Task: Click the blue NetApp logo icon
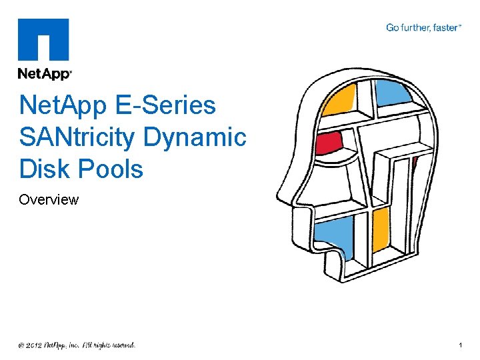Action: point(43,39)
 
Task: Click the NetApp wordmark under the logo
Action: point(44,73)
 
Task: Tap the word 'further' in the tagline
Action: point(417,28)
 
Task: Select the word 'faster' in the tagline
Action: point(445,28)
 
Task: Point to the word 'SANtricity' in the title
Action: point(79,137)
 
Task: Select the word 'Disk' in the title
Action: point(43,169)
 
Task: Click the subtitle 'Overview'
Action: point(49,199)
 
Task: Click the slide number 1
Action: point(461,345)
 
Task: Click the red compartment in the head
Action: point(328,141)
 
